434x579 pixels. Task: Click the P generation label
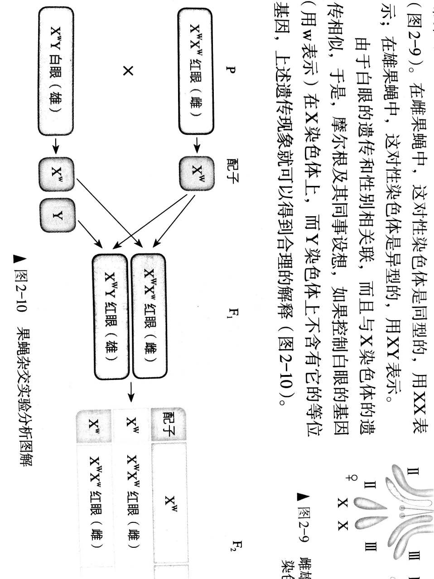[232, 70]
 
